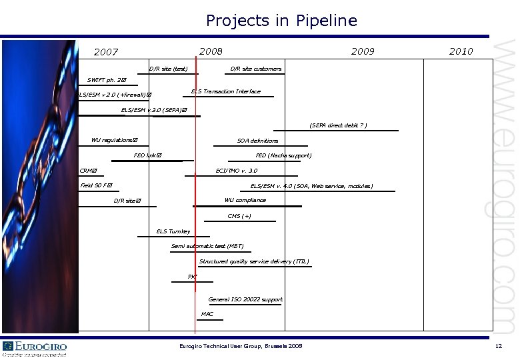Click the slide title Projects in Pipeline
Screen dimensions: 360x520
[281, 21]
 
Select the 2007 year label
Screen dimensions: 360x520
[106, 52]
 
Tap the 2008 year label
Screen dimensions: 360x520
[211, 51]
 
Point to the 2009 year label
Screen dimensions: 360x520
[363, 51]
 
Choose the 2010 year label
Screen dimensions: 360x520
[461, 51]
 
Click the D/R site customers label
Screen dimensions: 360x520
[255, 69]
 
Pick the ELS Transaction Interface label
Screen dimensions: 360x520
[225, 91]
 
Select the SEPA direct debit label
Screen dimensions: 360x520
[338, 125]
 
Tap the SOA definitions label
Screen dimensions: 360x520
[257, 141]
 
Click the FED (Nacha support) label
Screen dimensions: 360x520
[283, 156]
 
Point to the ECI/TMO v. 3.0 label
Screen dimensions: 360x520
[236, 171]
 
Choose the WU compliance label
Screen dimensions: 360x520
[245, 200]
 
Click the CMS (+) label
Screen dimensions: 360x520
[239, 216]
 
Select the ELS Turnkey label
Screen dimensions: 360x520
[173, 231]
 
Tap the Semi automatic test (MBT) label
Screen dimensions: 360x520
[207, 246]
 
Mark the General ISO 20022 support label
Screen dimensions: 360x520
[245, 299]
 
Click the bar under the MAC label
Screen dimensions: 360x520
[210, 320]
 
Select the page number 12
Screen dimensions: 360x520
[498, 346]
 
